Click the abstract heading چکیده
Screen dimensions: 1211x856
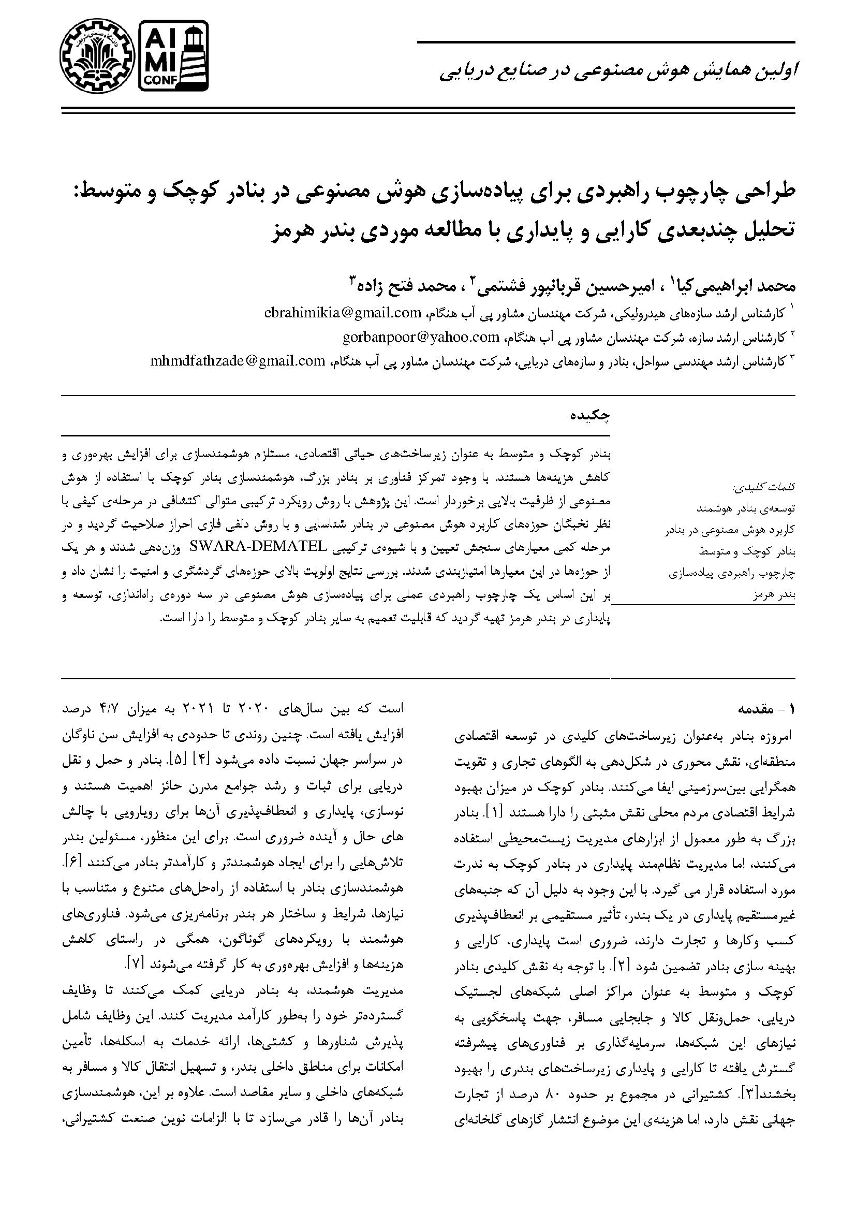coord(591,415)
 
